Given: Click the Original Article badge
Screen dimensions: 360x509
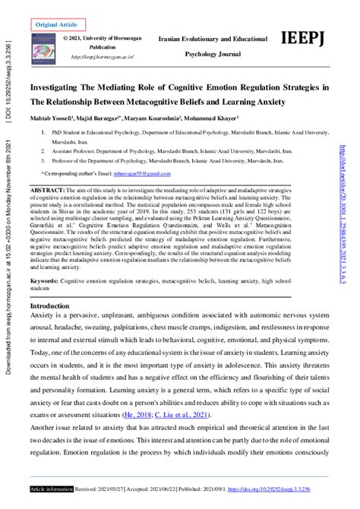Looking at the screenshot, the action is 57,24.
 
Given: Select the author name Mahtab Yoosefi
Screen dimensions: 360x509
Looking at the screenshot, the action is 54,119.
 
